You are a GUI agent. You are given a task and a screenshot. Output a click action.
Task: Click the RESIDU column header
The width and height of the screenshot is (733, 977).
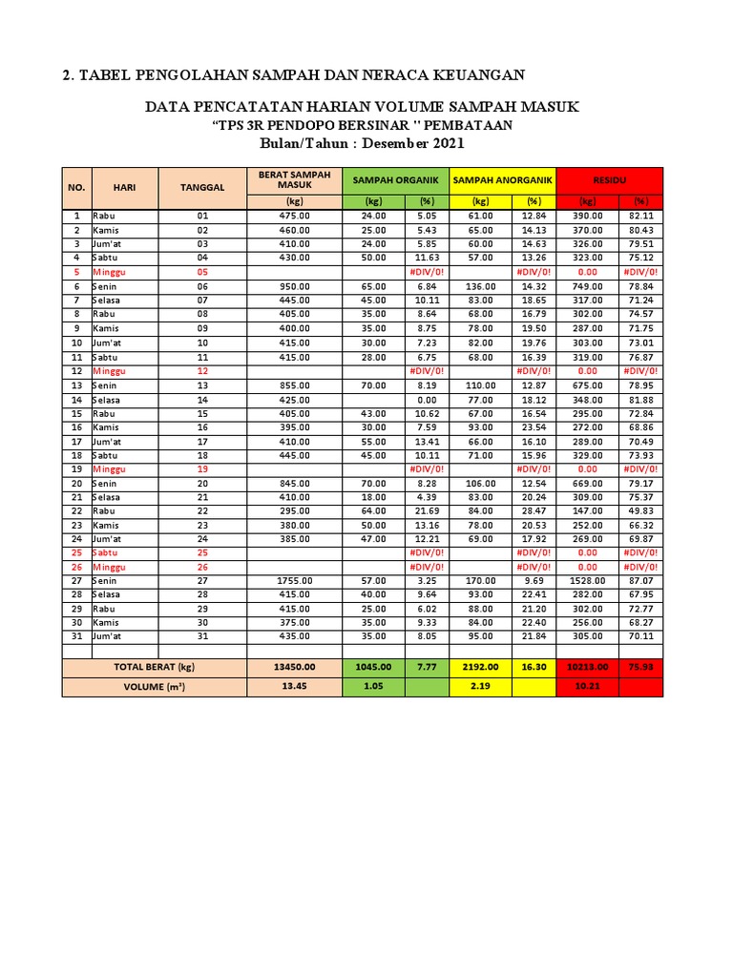(609, 179)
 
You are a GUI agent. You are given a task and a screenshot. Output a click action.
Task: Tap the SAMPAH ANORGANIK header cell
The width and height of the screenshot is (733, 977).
(502, 179)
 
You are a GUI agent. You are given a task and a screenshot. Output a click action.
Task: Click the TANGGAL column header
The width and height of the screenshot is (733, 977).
(202, 187)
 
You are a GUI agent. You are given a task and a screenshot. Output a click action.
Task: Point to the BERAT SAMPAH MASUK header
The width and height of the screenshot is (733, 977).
(294, 179)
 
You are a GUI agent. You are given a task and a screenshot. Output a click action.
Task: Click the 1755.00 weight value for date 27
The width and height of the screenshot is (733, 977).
(295, 580)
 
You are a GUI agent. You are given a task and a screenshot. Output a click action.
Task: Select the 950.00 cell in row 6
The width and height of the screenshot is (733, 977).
(295, 286)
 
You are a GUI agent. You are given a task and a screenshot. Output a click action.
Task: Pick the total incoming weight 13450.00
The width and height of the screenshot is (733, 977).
(295, 667)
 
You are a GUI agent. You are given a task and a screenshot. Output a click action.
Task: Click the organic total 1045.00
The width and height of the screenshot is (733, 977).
(374, 667)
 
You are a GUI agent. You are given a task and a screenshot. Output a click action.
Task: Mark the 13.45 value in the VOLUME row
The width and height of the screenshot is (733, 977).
(295, 686)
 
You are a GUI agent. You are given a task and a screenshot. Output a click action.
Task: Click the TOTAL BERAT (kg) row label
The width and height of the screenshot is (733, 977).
(155, 667)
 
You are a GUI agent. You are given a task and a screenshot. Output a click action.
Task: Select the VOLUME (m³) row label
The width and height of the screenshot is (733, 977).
(155, 686)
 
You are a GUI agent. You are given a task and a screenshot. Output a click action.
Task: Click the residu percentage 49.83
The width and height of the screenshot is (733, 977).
(640, 510)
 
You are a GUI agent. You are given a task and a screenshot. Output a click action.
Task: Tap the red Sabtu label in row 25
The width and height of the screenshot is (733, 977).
(107, 552)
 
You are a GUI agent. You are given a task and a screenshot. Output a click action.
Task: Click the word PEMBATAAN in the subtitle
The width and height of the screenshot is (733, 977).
(469, 125)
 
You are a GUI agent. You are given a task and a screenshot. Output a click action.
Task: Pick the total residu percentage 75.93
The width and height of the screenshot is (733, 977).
(640, 667)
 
